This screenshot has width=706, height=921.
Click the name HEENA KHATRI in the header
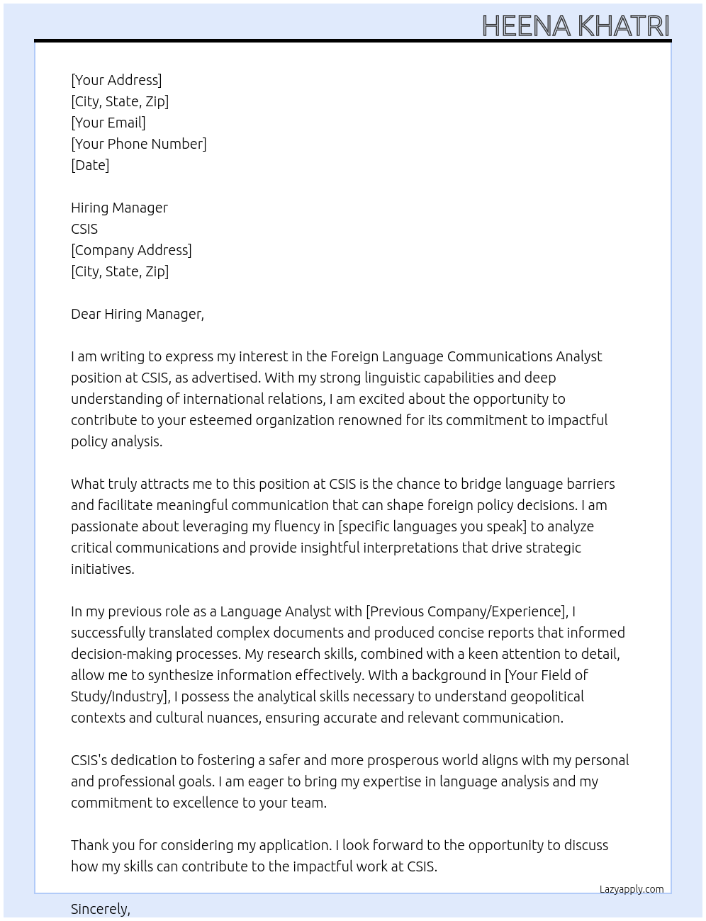coord(575,26)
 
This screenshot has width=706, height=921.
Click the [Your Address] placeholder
coord(116,80)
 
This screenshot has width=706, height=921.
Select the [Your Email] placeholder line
coord(108,123)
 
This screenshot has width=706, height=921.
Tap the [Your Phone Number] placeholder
coord(139,144)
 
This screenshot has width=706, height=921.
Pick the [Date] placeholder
coord(90,165)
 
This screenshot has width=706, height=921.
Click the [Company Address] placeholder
coord(131,250)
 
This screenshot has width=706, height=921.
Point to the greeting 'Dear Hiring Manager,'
coord(138,314)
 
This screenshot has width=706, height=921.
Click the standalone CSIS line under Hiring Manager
coord(84,229)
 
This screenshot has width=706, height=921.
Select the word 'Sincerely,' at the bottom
coord(101,909)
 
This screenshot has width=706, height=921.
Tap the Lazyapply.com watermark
coord(632,889)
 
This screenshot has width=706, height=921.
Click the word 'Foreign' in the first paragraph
coord(357,356)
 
